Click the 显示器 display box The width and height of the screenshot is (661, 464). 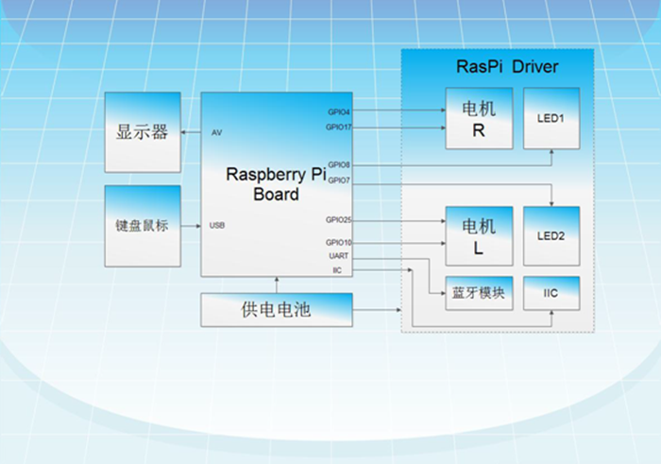click(x=143, y=132)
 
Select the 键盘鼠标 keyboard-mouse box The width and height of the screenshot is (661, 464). click(x=143, y=226)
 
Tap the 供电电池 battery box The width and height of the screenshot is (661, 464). click(x=277, y=310)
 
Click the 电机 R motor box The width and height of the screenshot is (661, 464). click(x=480, y=118)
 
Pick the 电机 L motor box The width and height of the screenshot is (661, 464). click(x=480, y=236)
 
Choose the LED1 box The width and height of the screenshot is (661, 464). click(x=551, y=118)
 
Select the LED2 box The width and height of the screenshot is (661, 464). click(x=551, y=236)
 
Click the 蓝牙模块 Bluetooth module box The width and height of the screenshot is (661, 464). click(x=480, y=294)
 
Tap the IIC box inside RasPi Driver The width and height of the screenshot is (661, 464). click(x=551, y=294)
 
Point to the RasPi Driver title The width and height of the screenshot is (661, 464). click(x=508, y=67)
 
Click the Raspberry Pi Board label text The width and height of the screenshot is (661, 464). click(x=277, y=184)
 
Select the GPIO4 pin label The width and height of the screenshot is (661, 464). click(x=339, y=112)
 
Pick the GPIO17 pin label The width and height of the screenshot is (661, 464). click(x=338, y=127)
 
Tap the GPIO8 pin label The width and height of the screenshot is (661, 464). click(x=339, y=165)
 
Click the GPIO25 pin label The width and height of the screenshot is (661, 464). click(x=338, y=220)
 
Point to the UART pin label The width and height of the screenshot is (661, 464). click(x=338, y=256)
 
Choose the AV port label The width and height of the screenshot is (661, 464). click(x=216, y=133)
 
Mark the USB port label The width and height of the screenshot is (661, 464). click(x=217, y=226)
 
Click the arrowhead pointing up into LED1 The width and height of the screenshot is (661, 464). click(x=551, y=151)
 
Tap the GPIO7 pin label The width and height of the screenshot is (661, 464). click(x=339, y=180)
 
